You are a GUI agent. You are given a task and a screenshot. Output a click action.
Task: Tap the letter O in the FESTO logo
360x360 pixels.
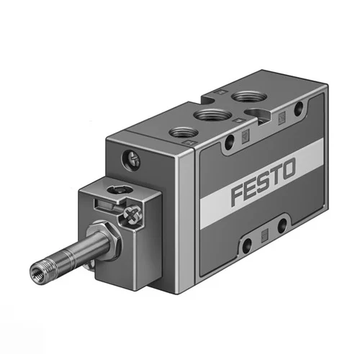[287, 171]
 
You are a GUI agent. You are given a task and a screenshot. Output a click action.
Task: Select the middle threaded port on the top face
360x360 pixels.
[210, 115]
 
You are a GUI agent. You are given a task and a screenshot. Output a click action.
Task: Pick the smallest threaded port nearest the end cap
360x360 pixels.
[183, 132]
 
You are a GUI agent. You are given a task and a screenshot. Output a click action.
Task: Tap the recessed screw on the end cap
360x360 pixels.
[131, 159]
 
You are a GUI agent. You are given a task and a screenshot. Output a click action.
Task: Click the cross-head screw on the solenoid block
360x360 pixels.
[132, 215]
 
